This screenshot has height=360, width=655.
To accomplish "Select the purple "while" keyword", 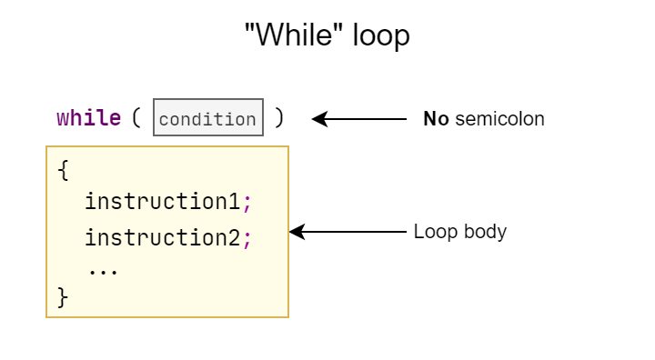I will (x=88, y=118).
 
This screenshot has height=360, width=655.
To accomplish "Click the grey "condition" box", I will (x=208, y=118).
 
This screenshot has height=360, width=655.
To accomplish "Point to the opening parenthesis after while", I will (x=136, y=118).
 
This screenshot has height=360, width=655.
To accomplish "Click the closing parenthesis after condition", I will (x=279, y=118).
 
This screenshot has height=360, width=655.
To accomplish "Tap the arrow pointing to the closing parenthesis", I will (x=359, y=118).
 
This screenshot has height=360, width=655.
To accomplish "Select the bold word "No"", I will (x=436, y=119).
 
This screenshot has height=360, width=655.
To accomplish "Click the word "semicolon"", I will (x=499, y=119).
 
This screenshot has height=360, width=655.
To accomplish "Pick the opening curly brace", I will (x=62, y=170).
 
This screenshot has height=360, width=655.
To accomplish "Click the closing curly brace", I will (x=62, y=297).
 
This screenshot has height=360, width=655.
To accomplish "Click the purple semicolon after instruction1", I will (x=247, y=203).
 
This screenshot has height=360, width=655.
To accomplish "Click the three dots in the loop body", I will (x=103, y=270).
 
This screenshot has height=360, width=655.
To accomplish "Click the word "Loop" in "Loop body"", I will (x=433, y=232).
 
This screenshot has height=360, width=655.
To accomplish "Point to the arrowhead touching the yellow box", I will (x=296, y=232).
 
